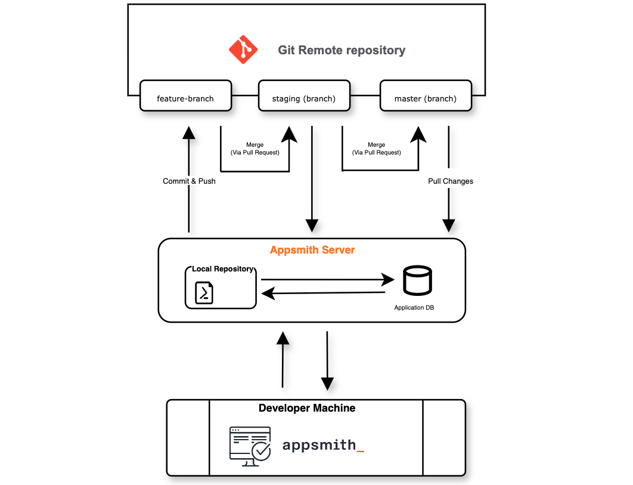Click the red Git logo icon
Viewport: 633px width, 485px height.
pos(243,50)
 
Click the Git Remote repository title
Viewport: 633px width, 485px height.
pos(342,50)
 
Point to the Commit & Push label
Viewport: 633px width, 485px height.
pos(189,181)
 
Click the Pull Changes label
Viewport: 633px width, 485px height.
pos(451,181)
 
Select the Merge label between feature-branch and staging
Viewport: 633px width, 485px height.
pos(255,149)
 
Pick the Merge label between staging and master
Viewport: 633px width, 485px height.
pos(377,149)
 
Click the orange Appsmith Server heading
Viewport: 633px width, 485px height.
pos(312,250)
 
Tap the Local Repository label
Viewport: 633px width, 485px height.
pos(222,269)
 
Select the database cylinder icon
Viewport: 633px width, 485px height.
pos(417,281)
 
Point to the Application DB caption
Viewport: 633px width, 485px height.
pos(417,308)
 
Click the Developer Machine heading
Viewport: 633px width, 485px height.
pos(307,408)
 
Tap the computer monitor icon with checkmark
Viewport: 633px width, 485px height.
pos(250,443)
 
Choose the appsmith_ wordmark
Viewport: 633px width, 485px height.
pos(322,445)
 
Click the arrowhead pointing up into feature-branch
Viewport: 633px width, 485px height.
pos(189,132)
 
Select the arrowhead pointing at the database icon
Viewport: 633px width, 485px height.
pos(389,279)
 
